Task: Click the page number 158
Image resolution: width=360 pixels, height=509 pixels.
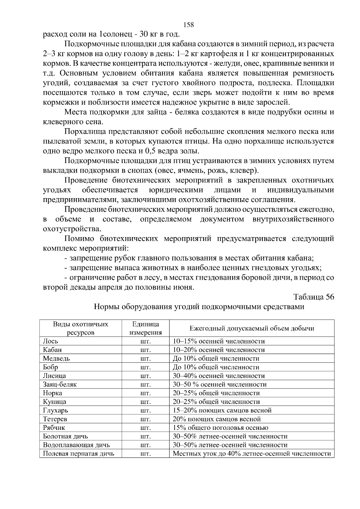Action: [x=188, y=25]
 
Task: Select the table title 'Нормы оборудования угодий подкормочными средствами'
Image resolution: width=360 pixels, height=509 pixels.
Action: [x=199, y=307]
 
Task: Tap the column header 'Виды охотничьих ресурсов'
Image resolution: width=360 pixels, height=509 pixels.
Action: [x=81, y=328]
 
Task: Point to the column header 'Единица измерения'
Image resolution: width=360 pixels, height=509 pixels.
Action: [x=145, y=328]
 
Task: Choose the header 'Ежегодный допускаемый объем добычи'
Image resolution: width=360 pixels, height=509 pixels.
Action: [x=252, y=328]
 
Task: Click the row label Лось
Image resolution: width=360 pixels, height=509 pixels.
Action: [x=50, y=341]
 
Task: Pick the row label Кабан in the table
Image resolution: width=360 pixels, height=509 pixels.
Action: [x=52, y=350]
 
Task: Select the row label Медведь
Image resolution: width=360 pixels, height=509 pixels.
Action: [x=56, y=359]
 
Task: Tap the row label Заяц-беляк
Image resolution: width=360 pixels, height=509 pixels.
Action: [x=60, y=384]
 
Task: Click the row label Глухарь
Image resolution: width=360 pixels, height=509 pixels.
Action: [x=55, y=410]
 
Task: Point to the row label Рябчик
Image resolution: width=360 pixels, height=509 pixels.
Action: [x=54, y=428]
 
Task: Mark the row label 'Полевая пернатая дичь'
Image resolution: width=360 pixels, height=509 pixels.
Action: [x=79, y=454]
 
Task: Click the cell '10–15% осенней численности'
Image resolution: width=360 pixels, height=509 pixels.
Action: [x=219, y=341]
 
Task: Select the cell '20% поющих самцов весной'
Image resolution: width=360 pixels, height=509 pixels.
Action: [x=217, y=419]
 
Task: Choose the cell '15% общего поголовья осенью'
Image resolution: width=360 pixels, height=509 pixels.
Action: [x=220, y=428]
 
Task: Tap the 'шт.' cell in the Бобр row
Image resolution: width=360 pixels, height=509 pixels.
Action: [x=145, y=367]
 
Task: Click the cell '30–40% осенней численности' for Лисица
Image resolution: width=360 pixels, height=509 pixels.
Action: [x=219, y=376]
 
